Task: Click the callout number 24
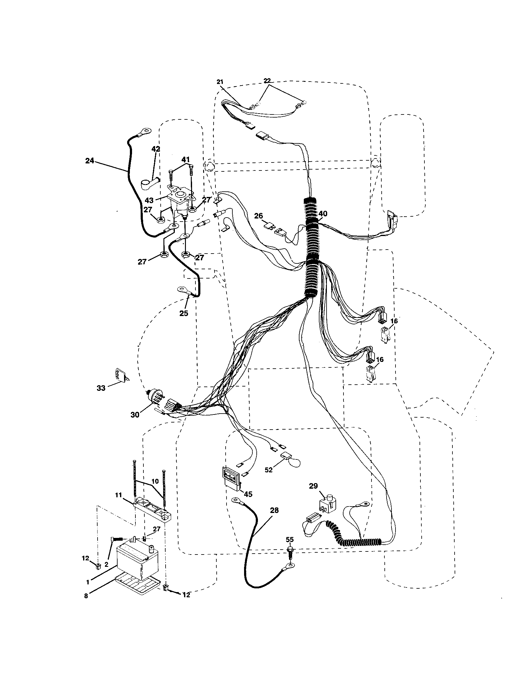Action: pyautogui.click(x=89, y=161)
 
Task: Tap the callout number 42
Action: pyautogui.click(x=156, y=149)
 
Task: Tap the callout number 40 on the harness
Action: pyautogui.click(x=322, y=214)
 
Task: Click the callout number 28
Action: pyautogui.click(x=274, y=510)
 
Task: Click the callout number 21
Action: pyautogui.click(x=220, y=82)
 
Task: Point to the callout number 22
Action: pyautogui.click(x=267, y=81)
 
